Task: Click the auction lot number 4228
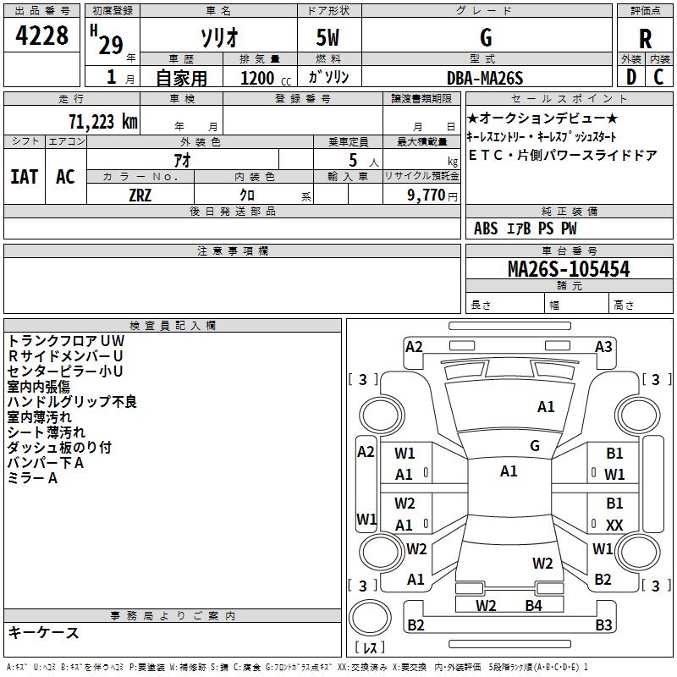click(x=42, y=36)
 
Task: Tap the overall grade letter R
click(x=645, y=38)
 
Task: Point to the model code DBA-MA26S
click(x=486, y=78)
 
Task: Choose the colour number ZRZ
click(x=140, y=194)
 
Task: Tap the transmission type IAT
click(x=24, y=176)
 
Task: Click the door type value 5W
click(x=329, y=38)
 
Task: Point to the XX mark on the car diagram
click(x=614, y=526)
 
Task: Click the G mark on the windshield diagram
click(x=535, y=446)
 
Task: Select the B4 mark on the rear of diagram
click(x=532, y=605)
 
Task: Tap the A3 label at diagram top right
click(x=603, y=346)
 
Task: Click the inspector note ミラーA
click(x=32, y=478)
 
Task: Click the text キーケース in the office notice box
click(x=43, y=632)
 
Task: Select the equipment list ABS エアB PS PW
click(x=525, y=228)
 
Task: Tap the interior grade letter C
click(x=658, y=77)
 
